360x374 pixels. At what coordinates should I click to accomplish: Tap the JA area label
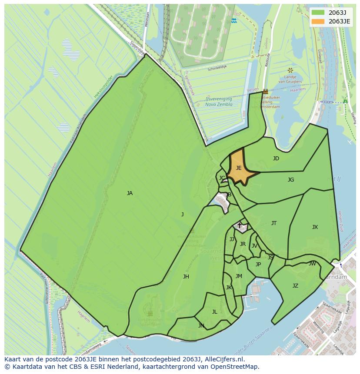click(130, 193)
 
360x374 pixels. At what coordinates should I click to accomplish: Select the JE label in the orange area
click(239, 168)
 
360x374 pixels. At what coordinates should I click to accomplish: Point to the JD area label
click(276, 159)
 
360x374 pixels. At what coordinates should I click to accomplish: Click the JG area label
click(291, 180)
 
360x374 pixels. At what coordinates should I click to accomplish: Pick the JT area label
click(274, 223)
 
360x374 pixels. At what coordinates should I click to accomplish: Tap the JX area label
click(315, 227)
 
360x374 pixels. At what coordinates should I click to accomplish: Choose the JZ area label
click(295, 286)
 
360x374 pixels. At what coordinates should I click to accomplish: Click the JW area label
click(312, 264)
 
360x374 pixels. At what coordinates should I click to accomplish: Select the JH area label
click(186, 277)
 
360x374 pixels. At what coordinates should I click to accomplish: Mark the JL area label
click(215, 312)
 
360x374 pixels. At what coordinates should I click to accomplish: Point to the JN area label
click(201, 325)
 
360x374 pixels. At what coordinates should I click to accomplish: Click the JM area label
click(239, 276)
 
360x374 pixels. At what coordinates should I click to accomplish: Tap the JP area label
click(258, 265)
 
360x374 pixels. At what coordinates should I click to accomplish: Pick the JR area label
click(243, 244)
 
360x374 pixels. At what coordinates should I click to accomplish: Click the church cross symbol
click(239, 225)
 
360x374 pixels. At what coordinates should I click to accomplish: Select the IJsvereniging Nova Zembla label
click(219, 102)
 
